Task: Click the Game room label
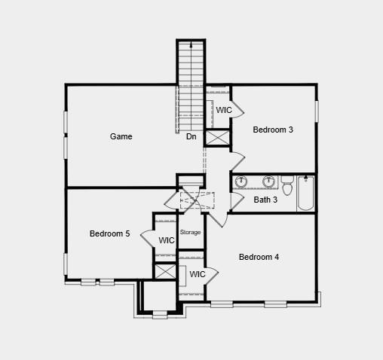(121, 136)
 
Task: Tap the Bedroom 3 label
(273, 130)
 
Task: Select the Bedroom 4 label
(259, 257)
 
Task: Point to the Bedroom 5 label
(109, 233)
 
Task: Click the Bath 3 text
(265, 200)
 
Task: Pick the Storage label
(191, 232)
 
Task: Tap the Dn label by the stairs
(191, 136)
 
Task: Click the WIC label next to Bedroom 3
(224, 110)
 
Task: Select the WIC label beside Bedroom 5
(167, 240)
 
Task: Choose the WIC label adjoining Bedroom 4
(198, 274)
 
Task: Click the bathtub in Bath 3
(306, 193)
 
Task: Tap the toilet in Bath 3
(286, 182)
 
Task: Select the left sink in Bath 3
(242, 182)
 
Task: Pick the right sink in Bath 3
(268, 182)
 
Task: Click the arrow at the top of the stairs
(191, 46)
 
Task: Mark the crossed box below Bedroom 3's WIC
(217, 139)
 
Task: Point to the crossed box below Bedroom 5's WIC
(165, 272)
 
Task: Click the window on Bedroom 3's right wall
(317, 110)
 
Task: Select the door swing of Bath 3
(237, 201)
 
